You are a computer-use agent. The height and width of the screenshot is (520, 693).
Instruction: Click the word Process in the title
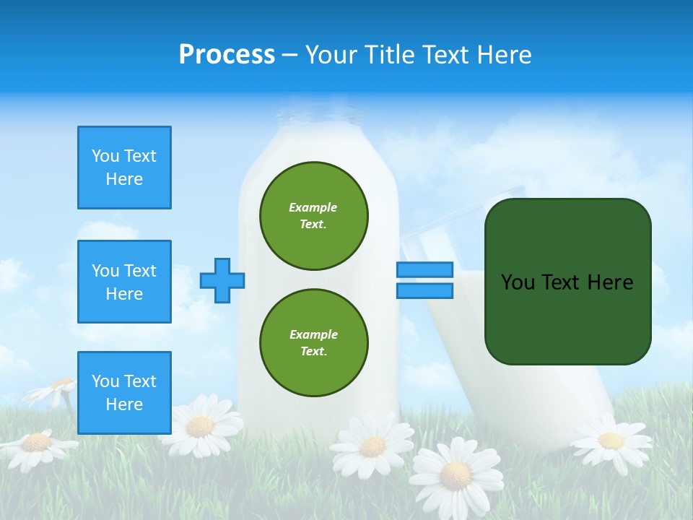[227, 55]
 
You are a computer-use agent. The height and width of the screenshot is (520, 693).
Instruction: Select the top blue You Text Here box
[124, 168]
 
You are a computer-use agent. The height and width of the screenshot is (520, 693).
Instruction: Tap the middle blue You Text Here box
[124, 282]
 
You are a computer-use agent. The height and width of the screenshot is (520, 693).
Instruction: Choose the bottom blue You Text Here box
[124, 393]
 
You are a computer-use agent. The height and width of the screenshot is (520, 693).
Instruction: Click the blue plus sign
[222, 280]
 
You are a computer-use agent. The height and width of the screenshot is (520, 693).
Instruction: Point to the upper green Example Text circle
[314, 216]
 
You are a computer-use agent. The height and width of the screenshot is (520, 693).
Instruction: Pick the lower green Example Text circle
[314, 343]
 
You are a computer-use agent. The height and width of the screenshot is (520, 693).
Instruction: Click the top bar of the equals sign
[424, 269]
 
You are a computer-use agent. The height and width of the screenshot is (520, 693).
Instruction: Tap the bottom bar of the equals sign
[424, 290]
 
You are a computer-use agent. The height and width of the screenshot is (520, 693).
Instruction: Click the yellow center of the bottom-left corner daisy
[35, 442]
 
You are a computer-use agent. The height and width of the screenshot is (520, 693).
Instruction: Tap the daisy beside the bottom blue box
[200, 426]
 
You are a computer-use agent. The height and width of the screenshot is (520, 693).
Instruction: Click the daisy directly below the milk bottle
[372, 446]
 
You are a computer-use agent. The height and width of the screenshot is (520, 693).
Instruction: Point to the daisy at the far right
[611, 440]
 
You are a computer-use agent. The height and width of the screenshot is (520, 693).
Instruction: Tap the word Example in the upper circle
[313, 207]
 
